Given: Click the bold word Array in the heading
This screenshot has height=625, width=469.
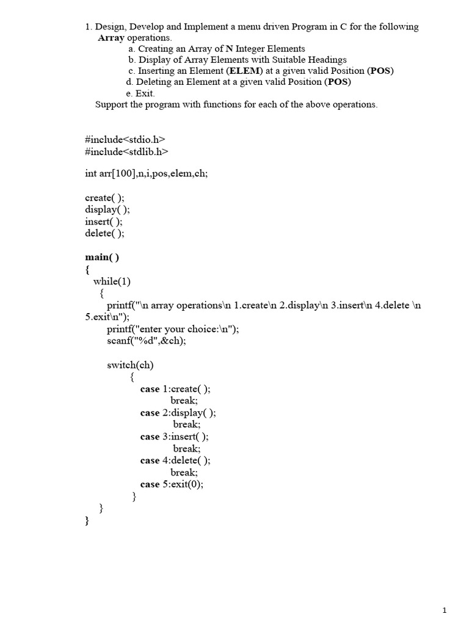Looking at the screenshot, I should pos(111,38).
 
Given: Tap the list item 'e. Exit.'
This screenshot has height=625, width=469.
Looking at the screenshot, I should pos(140,93).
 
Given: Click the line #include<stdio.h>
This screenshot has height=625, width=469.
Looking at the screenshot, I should pos(125,139).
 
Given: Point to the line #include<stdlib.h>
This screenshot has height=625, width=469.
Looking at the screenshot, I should pos(126,151).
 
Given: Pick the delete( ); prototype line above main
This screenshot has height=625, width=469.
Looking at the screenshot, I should pos(104,233).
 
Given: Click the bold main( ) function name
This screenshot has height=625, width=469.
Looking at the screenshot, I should pos(102,257).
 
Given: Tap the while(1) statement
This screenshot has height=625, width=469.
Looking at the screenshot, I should pos(112,281).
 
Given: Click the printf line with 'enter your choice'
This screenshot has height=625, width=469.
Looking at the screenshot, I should pos(173,329).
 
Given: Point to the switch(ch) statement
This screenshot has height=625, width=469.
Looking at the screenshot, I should pos(130,365).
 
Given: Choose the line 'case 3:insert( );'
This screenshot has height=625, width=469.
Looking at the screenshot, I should pos(174,436).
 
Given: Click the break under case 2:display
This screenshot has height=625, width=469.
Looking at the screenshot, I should pos(186,424).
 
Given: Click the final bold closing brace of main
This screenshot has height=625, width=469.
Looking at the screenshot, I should pos(87,521).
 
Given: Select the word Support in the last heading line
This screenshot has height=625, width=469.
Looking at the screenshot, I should pos(112,104).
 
